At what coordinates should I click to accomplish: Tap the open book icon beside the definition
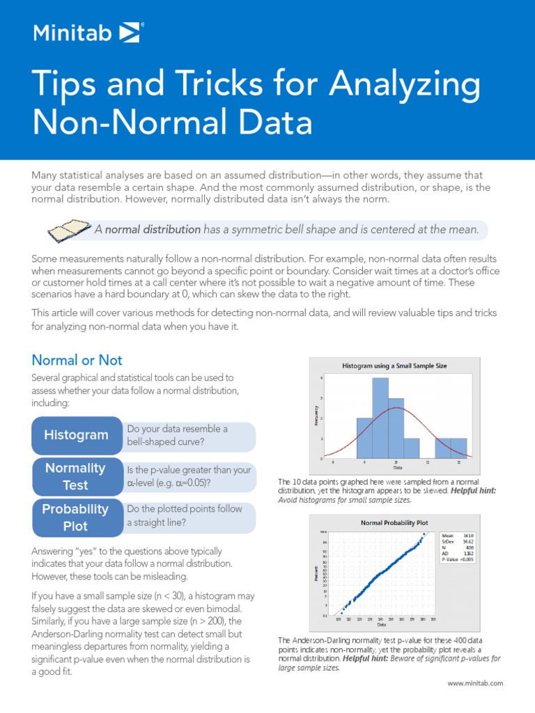tap(70, 229)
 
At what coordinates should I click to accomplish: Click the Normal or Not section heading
tap(77, 360)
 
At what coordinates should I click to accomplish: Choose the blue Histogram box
tap(76, 435)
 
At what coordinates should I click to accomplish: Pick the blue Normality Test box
tap(76, 476)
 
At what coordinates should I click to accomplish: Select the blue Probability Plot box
tap(76, 517)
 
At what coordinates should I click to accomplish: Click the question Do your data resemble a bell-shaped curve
tap(178, 435)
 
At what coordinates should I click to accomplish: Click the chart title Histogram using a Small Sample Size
tap(394, 365)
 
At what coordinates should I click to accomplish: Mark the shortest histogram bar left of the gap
tap(412, 448)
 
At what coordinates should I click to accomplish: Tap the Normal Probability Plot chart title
tap(394, 522)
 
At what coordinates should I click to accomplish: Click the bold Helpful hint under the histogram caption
tap(474, 491)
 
